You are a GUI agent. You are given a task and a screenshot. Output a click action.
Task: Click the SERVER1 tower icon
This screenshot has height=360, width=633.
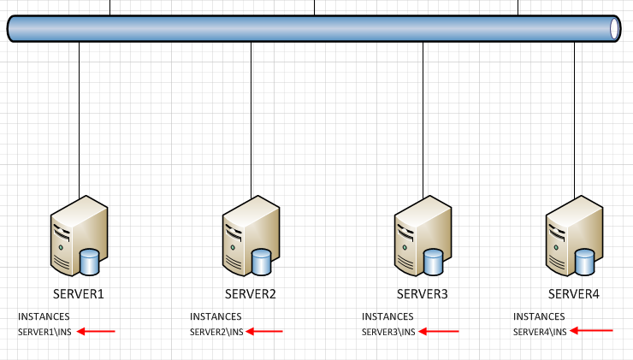pos(77,233)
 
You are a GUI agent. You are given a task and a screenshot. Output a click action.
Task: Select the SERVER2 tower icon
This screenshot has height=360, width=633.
pos(249,233)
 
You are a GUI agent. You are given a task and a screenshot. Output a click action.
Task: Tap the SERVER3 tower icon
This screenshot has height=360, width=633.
pos(421,233)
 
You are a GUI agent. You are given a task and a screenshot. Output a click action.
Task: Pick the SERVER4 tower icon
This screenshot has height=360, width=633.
pos(572,233)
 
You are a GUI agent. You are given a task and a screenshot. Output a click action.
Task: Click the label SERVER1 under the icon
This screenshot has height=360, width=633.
pos(79,294)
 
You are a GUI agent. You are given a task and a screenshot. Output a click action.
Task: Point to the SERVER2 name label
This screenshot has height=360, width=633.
pos(251,294)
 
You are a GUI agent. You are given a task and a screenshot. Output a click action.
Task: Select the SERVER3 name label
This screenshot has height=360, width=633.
pos(423,294)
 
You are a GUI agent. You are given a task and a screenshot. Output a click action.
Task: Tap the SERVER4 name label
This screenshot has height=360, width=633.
pos(574,294)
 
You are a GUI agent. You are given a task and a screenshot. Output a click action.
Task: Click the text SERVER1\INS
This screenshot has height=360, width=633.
pos(44,332)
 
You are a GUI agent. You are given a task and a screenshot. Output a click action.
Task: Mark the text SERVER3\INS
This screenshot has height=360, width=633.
pos(388,332)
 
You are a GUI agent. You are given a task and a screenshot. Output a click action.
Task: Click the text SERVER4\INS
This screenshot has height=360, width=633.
pos(540,332)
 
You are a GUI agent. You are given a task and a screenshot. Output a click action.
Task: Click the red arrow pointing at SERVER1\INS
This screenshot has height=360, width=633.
pos(95,331)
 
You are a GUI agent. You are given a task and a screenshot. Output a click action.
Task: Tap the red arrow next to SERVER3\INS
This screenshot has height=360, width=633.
pos(439,331)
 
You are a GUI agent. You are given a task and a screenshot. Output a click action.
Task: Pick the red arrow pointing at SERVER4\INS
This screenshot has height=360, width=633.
pos(592,330)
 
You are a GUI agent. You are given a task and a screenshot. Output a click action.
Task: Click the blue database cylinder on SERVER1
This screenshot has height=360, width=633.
pos(90,261)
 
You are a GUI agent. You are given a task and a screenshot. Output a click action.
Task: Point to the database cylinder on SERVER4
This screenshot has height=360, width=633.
pos(585,261)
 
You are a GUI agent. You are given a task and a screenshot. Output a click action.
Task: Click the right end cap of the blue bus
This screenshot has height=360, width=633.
pos(614,28)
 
